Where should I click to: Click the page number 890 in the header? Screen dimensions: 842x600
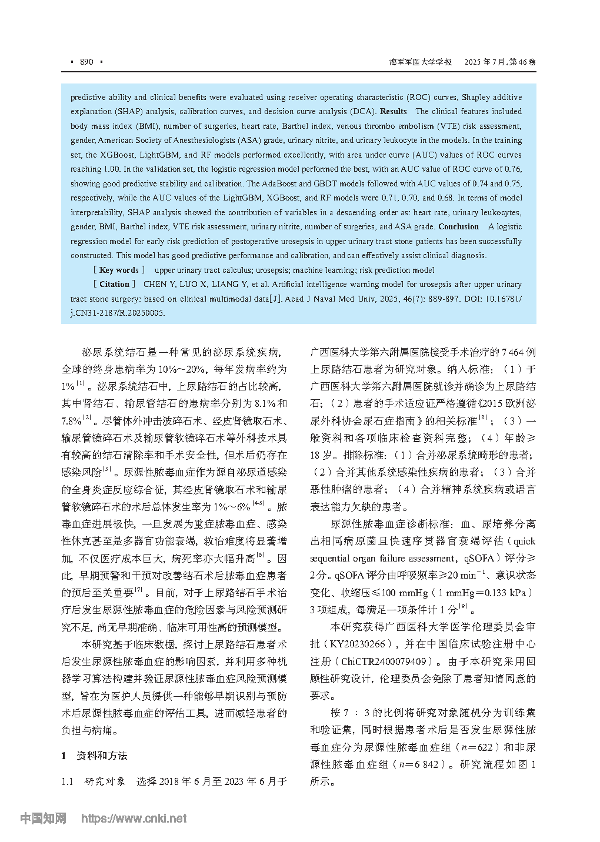click(x=86, y=62)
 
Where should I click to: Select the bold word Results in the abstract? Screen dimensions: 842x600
click(x=394, y=111)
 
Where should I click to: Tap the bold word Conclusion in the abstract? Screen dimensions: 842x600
click(x=459, y=226)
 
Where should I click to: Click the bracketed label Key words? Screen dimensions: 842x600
click(x=119, y=270)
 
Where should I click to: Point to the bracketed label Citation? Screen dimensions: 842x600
click(x=115, y=284)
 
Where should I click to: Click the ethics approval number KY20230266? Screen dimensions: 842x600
click(x=359, y=644)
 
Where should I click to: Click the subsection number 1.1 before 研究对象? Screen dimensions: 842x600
click(x=68, y=781)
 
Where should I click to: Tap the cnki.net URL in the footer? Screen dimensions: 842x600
click(x=134, y=818)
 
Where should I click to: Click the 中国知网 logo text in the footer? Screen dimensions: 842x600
click(x=43, y=818)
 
